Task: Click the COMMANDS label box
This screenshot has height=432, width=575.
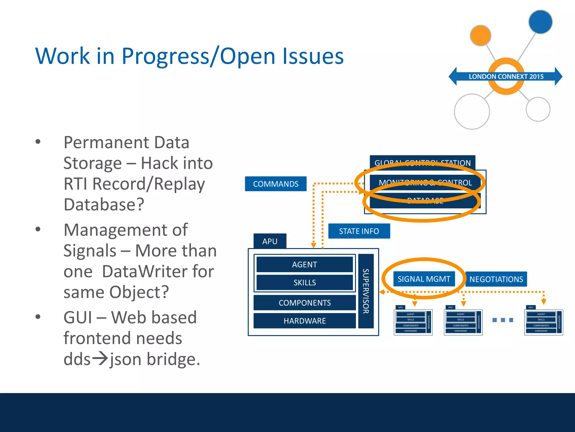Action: (275, 184)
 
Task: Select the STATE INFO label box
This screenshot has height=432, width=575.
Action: (359, 231)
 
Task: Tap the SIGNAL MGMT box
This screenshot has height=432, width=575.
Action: (424, 279)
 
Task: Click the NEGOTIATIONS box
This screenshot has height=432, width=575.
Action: (496, 279)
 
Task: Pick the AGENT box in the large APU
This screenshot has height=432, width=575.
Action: (304, 264)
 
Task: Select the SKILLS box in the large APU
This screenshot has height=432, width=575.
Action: (304, 282)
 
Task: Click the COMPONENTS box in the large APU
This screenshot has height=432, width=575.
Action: (304, 303)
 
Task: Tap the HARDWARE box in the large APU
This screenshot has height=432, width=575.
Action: (304, 321)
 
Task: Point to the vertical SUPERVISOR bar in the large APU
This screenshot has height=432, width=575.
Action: (366, 291)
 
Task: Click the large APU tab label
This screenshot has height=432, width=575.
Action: (270, 241)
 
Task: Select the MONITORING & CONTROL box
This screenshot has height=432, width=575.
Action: (425, 182)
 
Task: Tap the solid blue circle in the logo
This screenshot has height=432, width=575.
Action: (540, 22)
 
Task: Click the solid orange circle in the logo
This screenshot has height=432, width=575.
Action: (480, 35)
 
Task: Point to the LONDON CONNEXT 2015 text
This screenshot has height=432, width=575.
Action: (506, 76)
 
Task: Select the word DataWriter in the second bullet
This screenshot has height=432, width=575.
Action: (158, 271)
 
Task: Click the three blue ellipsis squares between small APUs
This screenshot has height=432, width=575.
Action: (503, 320)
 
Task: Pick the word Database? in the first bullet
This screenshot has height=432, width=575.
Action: (104, 204)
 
